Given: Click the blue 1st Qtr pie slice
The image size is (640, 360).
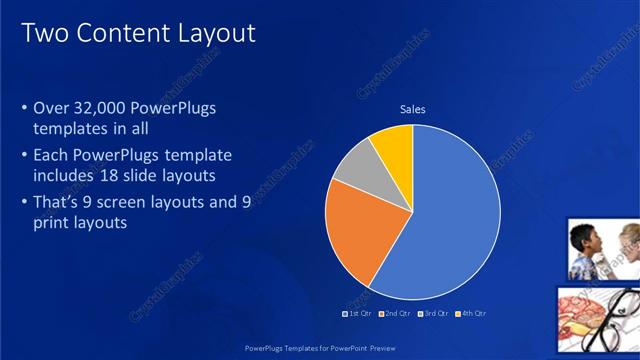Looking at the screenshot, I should pyautogui.click(x=450, y=220).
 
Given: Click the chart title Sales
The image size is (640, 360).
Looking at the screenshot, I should pyautogui.click(x=412, y=109).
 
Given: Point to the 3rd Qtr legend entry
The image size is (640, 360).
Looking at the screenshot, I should pyautogui.click(x=433, y=313).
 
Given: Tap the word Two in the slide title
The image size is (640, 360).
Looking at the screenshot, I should pyautogui.click(x=44, y=33).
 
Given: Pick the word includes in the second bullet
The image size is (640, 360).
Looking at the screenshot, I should pyautogui.click(x=63, y=176).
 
